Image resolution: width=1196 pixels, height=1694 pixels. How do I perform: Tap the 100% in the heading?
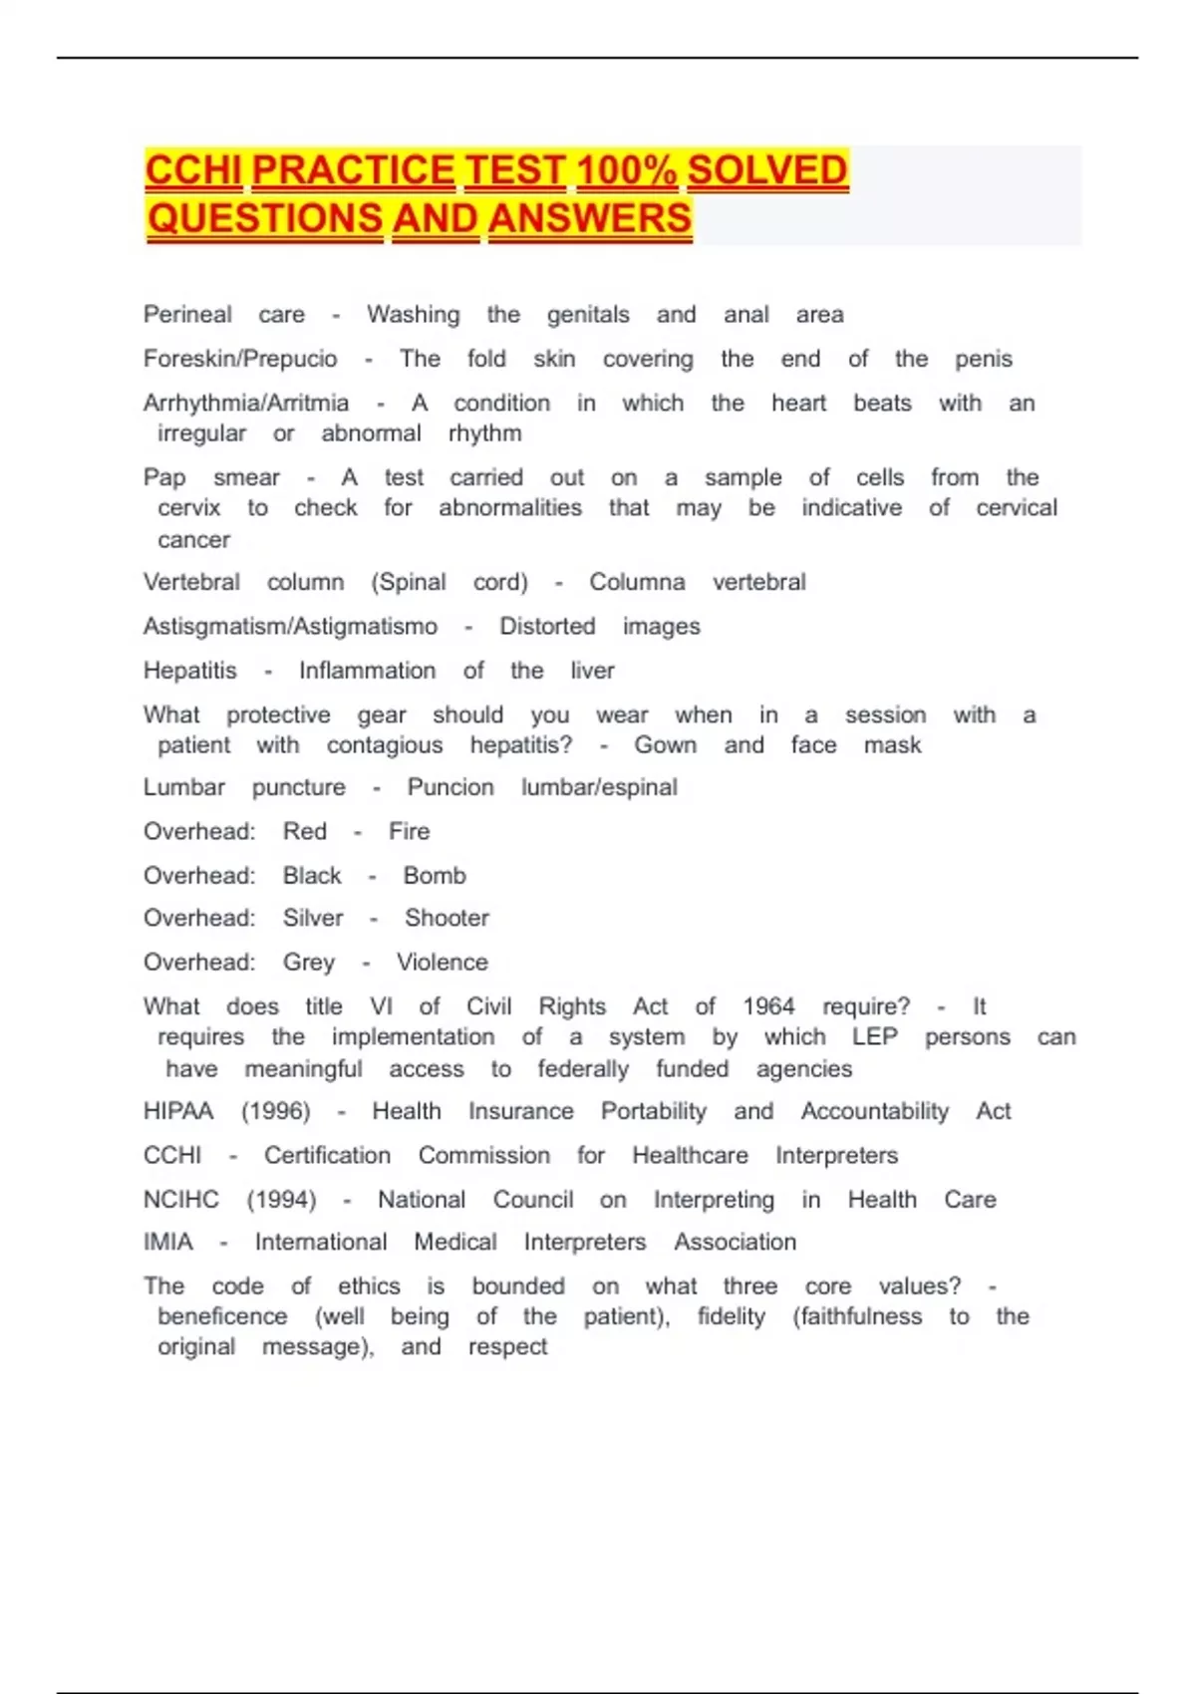click(x=626, y=170)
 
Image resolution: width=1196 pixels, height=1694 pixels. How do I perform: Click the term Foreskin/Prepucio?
click(x=240, y=359)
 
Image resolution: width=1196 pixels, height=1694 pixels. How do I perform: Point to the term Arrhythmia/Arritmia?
click(x=246, y=403)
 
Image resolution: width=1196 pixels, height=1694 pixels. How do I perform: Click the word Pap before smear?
click(x=164, y=477)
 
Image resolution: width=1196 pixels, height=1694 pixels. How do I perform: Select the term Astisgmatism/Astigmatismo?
click(x=290, y=626)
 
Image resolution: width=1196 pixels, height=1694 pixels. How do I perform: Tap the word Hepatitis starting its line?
click(x=190, y=671)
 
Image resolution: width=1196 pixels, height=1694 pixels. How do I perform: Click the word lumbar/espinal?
click(x=599, y=787)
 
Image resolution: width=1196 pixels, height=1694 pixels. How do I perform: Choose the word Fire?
click(x=409, y=831)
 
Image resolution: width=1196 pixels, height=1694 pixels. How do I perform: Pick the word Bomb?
click(x=435, y=875)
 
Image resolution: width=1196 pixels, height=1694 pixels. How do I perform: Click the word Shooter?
click(x=447, y=918)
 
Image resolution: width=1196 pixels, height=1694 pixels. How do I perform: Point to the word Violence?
click(x=443, y=962)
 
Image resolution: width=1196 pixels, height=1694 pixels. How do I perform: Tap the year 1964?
click(x=768, y=1006)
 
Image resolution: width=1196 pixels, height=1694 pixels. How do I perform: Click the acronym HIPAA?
click(x=178, y=1111)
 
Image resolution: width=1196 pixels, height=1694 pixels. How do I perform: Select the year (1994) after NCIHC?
click(x=281, y=1199)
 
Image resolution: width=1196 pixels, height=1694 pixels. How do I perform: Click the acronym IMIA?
click(x=168, y=1242)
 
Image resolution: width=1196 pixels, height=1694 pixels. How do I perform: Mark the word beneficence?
click(x=222, y=1316)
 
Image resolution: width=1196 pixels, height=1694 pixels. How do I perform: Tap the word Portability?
click(x=654, y=1111)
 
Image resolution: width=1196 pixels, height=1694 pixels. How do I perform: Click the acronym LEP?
click(x=874, y=1036)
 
